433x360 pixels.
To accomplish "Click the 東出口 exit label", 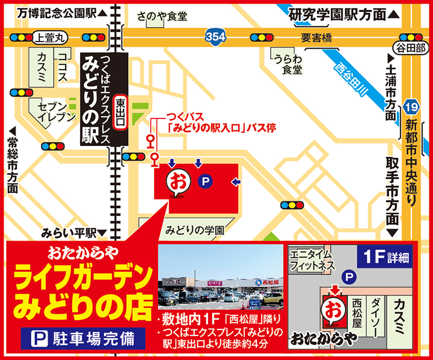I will (x=121, y=114).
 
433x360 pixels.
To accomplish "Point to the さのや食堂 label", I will (x=162, y=15).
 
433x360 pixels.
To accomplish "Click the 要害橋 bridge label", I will (x=317, y=38).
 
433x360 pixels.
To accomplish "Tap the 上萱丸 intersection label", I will (x=50, y=37).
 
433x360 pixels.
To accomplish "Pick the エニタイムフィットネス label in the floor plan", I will (x=313, y=259).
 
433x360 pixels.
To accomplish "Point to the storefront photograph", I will (x=221, y=276).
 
